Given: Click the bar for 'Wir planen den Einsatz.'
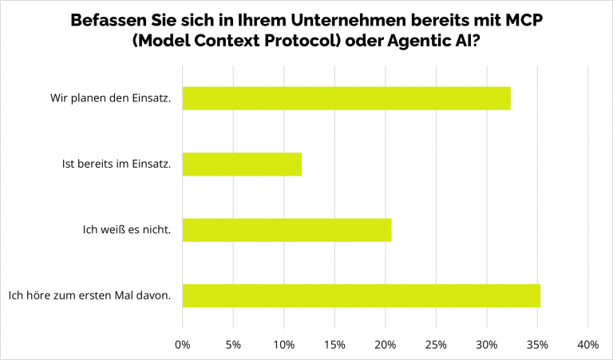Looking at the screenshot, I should coord(346,98).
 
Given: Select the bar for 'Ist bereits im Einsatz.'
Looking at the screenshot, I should coord(242,164).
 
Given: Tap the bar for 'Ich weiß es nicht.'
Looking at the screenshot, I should coord(287,230).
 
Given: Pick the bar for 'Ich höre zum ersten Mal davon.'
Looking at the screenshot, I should coord(361,295).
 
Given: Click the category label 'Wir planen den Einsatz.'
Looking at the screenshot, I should coord(110,98).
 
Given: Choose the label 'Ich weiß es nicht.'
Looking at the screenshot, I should coord(127,230).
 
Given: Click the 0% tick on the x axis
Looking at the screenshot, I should coord(183,345).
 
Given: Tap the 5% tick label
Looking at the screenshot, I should coord(233,345).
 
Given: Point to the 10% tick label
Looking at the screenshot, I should coord(283,345).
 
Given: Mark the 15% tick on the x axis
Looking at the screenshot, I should coord(334,345).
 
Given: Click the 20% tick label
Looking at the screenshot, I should coord(385,345).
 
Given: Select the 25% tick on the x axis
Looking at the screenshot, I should coord(436,345).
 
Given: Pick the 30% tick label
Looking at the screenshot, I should coord(486,345).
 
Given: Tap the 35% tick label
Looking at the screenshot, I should coord(537,345).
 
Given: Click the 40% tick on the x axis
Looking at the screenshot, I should coord(588,345).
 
